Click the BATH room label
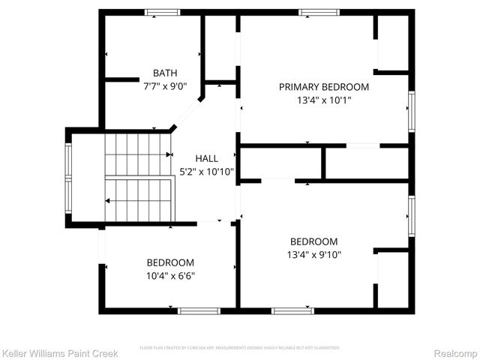(165, 73)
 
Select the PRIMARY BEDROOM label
(324, 87)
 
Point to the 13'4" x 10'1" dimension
(324, 99)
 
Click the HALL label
(206, 159)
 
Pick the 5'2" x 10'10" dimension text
(206, 171)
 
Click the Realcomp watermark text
(456, 352)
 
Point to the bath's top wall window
(162, 12)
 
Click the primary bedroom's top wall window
(319, 12)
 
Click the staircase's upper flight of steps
(136, 154)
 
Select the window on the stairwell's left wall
(68, 178)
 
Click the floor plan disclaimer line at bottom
(240, 348)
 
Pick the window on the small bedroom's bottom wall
(199, 310)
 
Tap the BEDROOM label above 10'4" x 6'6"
(170, 262)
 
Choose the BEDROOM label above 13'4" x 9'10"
(313, 241)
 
